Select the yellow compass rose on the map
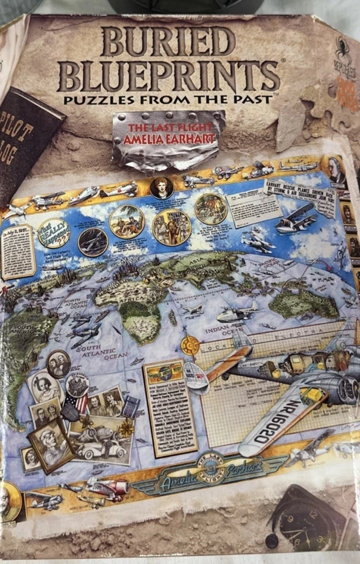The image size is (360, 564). coord(189,345)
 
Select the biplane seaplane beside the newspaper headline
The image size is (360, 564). coord(297,217)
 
